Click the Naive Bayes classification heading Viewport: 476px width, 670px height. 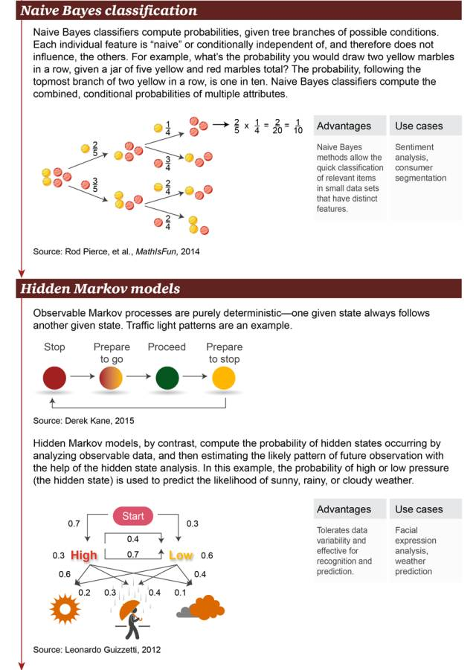pyautogui.click(x=109, y=10)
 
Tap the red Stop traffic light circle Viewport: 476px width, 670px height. pyautogui.click(x=54, y=378)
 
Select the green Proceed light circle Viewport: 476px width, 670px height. pyautogui.click(x=167, y=378)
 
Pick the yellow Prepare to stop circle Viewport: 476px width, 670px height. pyautogui.click(x=223, y=378)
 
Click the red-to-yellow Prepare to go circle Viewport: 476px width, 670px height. pyautogui.click(x=111, y=378)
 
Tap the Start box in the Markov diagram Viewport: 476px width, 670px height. pyautogui.click(x=133, y=515)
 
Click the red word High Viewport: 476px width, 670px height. pyautogui.click(x=85, y=555)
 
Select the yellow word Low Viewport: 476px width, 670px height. pyautogui.click(x=181, y=555)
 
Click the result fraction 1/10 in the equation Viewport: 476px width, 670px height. pyautogui.click(x=297, y=126)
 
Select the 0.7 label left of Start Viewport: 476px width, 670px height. pyautogui.click(x=74, y=524)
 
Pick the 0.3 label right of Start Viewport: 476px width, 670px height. pyautogui.click(x=191, y=524)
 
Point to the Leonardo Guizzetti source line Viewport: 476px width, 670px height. pyautogui.click(x=97, y=649)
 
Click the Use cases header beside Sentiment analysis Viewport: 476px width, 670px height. pyautogui.click(x=419, y=126)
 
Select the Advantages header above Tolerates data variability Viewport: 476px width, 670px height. pyautogui.click(x=344, y=509)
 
